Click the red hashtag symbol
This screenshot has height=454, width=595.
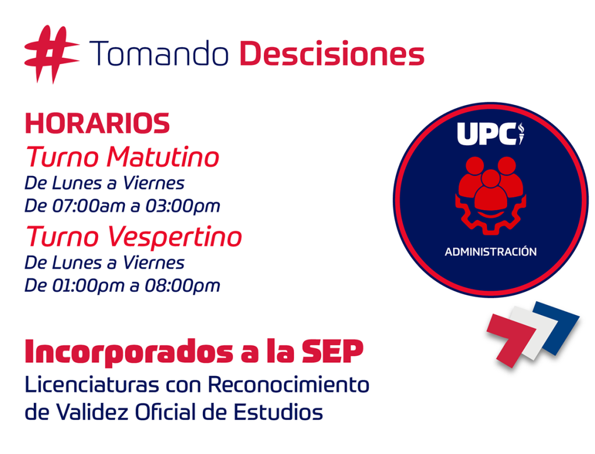(52, 54)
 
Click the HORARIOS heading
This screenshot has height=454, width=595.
(97, 123)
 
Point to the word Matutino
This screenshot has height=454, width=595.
(163, 157)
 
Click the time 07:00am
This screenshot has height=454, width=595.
(88, 206)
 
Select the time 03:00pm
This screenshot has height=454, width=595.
(182, 206)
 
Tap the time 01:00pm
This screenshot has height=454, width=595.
(88, 286)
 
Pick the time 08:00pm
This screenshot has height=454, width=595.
(182, 286)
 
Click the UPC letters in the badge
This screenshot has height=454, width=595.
(487, 134)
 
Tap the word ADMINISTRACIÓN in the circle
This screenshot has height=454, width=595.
(490, 251)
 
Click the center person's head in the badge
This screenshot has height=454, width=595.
(491, 178)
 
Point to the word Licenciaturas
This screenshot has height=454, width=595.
(92, 384)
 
